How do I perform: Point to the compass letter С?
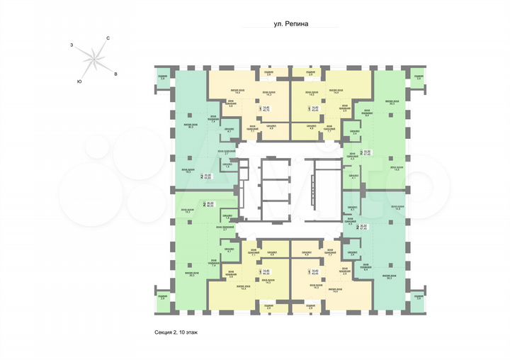[107, 37]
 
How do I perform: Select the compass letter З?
[72, 44]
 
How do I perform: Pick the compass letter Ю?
[79, 81]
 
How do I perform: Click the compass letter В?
[115, 73]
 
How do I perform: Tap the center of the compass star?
[93, 59]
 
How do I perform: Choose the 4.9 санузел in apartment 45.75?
[271, 128]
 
